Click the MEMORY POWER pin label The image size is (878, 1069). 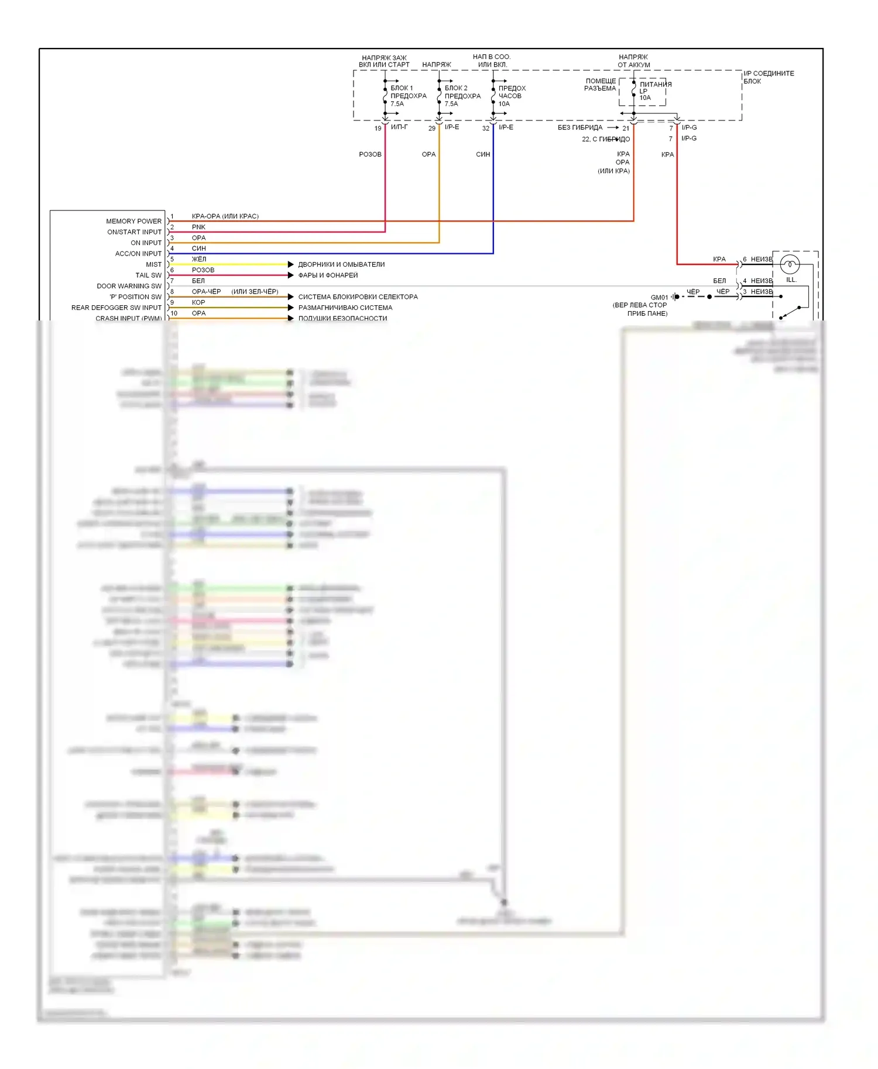(133, 221)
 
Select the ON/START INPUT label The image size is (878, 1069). (134, 232)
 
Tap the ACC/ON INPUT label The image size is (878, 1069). (138, 254)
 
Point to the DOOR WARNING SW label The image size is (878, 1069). (129, 286)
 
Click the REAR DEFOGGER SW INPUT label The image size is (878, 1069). (116, 308)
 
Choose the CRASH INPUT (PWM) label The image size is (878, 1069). (128, 318)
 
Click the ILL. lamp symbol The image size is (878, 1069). (790, 265)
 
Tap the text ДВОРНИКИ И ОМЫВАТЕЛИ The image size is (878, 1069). (341, 264)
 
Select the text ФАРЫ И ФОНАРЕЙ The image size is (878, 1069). (328, 275)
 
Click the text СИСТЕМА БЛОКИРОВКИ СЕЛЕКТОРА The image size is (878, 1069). (358, 297)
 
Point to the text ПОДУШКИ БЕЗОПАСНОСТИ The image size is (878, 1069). (342, 319)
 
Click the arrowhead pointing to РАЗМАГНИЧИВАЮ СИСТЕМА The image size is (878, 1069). (291, 308)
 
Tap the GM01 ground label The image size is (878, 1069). (659, 298)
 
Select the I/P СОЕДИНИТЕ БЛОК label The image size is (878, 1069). (769, 77)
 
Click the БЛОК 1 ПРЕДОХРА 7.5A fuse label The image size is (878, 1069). (408, 96)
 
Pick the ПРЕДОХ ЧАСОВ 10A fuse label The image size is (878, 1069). (512, 96)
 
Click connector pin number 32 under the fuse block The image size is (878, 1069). (486, 128)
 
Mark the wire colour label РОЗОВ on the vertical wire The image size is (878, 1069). (370, 154)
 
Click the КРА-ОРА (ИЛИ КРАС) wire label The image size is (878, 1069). (225, 216)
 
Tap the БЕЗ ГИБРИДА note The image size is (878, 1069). (579, 127)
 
